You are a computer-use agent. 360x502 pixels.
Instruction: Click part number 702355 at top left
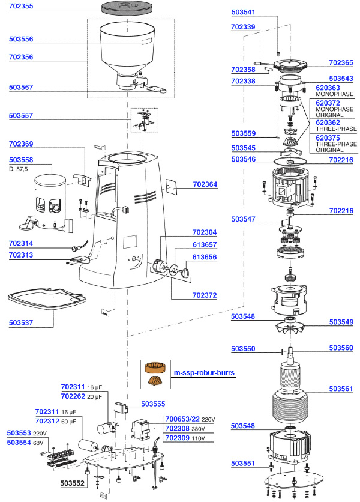pos(21,6)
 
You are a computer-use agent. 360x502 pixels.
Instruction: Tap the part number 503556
pos(21,40)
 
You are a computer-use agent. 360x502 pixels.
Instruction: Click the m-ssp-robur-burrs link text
pos(203,372)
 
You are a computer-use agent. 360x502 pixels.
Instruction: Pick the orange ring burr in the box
pos(154,367)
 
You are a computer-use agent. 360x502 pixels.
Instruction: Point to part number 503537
pos(21,322)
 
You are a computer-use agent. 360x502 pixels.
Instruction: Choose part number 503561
pos(341,389)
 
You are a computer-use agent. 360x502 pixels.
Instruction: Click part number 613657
pos(205,244)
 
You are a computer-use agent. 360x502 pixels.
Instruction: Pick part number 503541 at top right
pos(244,11)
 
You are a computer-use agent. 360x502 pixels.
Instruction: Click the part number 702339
pos(244,27)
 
